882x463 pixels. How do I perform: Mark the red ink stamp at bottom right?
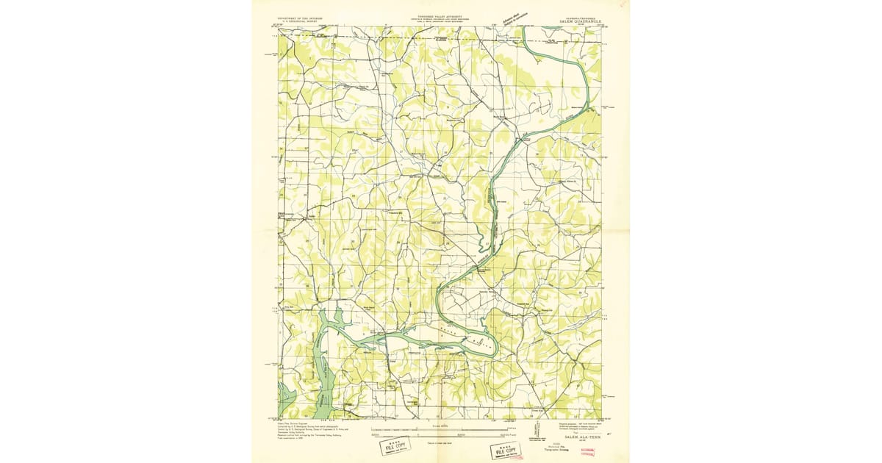pos(588,451)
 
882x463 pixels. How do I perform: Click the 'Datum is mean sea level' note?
pos(440,442)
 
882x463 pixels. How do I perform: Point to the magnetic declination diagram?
pos(512,430)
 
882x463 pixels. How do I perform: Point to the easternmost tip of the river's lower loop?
pos(499,343)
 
